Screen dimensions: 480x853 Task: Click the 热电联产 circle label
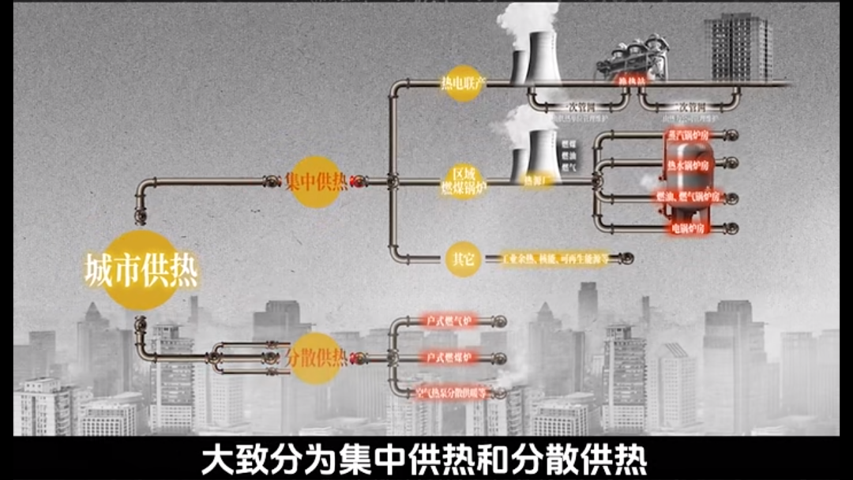[x=463, y=82]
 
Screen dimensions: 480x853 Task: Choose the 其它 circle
[x=463, y=258]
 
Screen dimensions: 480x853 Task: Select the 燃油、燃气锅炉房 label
[x=686, y=196]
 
